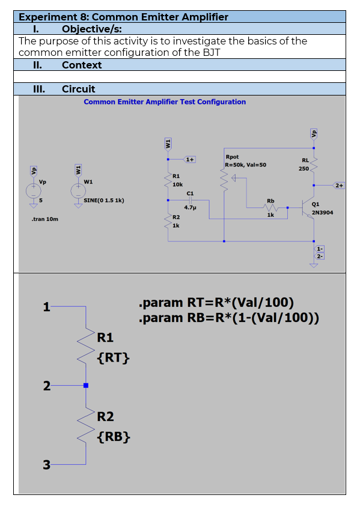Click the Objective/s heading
click(x=92, y=29)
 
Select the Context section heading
click(x=82, y=65)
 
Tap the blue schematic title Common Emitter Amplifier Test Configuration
click(x=165, y=102)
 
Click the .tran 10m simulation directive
click(x=45, y=219)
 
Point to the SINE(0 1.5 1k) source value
click(x=104, y=201)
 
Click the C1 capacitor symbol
click(x=191, y=201)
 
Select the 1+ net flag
click(x=190, y=159)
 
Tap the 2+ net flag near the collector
click(x=339, y=186)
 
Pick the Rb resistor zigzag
click(x=271, y=207)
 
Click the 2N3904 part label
click(x=322, y=213)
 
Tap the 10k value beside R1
click(x=177, y=184)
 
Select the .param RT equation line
click(x=216, y=303)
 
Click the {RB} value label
click(x=114, y=437)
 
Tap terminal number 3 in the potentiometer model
click(x=47, y=465)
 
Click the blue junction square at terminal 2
click(x=86, y=386)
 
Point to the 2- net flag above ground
click(x=320, y=257)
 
